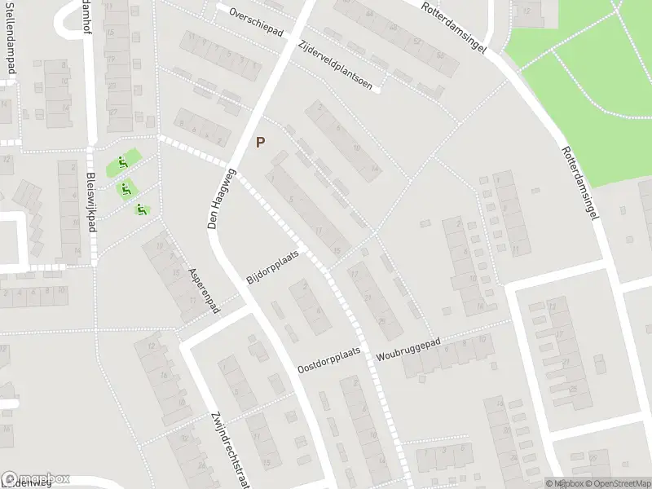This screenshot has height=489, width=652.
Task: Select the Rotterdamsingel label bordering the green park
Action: pos(580,185)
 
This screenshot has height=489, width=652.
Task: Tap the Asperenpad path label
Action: pos(205,290)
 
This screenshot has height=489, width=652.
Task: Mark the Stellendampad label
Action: pos(11,37)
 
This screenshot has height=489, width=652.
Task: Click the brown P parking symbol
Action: pos(260,142)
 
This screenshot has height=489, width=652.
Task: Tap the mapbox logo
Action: pos(36,479)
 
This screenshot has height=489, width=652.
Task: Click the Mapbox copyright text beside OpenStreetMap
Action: pos(562,483)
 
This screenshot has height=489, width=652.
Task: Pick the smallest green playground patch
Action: pos(143,210)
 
